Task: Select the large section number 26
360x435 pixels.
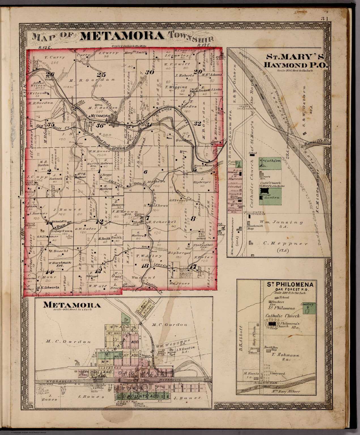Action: (x=52, y=75)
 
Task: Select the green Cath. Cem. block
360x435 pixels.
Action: (x=270, y=163)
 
